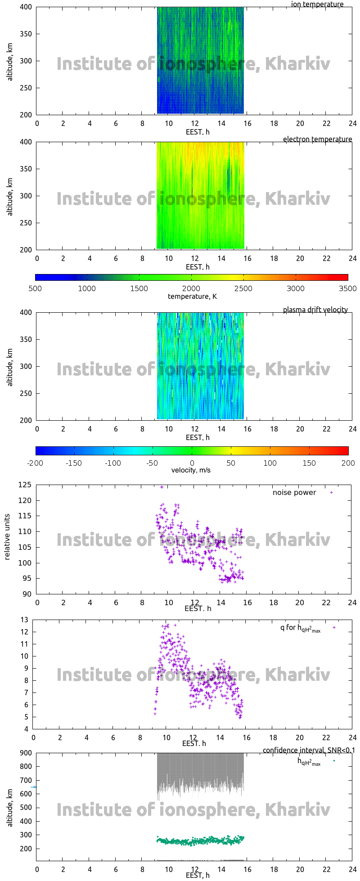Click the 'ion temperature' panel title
pos(317,4)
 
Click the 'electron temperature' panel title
pos(317,139)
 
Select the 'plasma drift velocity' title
pos(315,310)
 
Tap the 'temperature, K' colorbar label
pos(192,297)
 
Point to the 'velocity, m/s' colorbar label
pos(191,470)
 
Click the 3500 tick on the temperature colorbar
pos(347,289)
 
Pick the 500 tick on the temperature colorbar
pos(35,289)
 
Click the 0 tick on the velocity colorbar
pos(192,463)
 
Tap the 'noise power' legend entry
pos(294,493)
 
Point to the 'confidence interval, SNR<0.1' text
pos(309,751)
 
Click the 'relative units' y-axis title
pos(8,539)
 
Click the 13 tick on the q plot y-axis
pos(24,620)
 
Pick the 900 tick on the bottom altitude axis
pos(25,753)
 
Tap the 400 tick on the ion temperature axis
pos(26,7)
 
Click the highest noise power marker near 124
pos(162,487)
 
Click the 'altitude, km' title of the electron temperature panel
pos(10,196)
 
